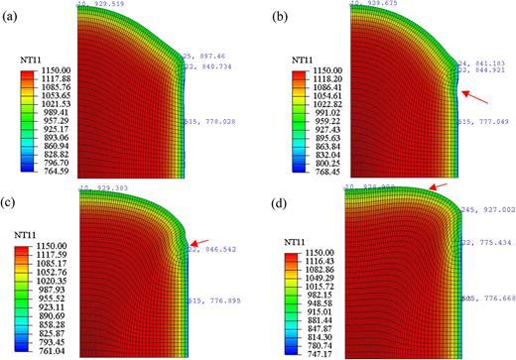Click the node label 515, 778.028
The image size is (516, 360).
(x=213, y=121)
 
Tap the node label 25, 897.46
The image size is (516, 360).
(x=209, y=57)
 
